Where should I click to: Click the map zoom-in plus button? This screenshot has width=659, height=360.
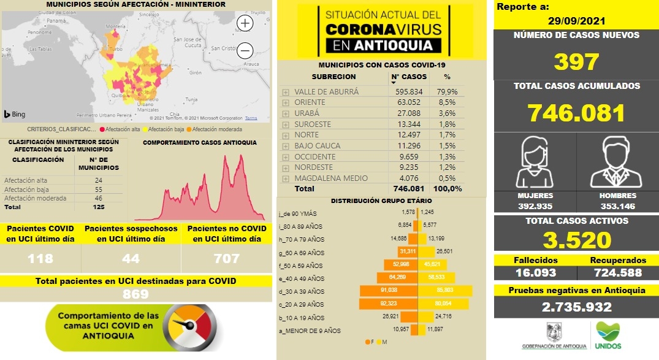pos(245,23)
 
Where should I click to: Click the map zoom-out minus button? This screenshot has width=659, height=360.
pos(245,50)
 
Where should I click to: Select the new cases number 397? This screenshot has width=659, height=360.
pos(576,61)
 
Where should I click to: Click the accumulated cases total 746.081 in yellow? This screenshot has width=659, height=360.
pos(576,113)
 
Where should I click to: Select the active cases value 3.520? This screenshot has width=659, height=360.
pos(576,240)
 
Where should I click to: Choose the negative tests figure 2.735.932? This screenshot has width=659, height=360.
pos(576,307)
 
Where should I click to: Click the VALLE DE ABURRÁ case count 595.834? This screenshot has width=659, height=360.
pos(409,92)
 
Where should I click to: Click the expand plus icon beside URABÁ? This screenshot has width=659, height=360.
pos(286,113)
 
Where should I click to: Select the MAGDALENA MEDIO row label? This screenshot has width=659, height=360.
pos(331,178)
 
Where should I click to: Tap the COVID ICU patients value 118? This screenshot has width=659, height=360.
pos(40,258)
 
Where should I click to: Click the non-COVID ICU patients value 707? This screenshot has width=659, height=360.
pos(226,258)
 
